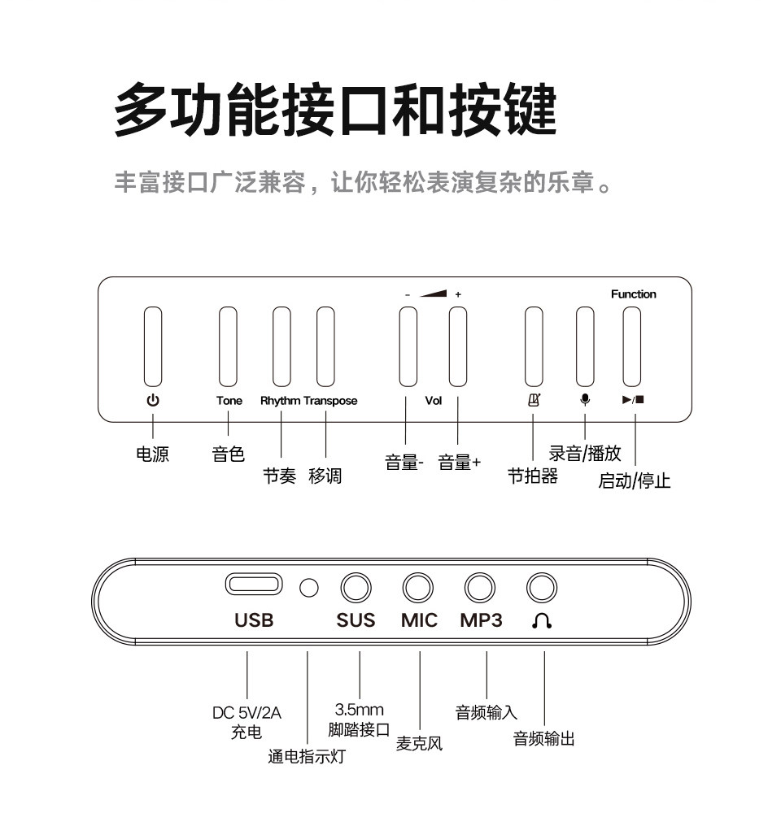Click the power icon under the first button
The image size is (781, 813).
(x=152, y=400)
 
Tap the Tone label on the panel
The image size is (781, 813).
(x=229, y=401)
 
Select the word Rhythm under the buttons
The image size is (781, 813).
(x=280, y=401)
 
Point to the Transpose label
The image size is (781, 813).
(x=330, y=401)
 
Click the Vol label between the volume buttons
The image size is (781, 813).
(x=433, y=401)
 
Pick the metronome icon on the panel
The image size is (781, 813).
(x=533, y=400)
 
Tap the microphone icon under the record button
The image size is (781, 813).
(x=584, y=400)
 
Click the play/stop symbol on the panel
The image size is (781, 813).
(x=633, y=400)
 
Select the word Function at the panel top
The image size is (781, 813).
(x=633, y=294)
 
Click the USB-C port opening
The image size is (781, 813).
(x=254, y=585)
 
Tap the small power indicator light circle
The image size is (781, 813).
(x=308, y=587)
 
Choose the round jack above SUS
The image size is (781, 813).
(x=356, y=587)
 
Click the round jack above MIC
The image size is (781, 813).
(x=418, y=587)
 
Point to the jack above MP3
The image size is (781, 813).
(x=480, y=587)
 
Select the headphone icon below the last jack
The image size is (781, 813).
(x=542, y=621)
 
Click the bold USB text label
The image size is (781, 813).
(x=254, y=621)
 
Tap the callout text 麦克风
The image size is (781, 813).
(x=419, y=743)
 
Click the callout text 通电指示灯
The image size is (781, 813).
(x=307, y=757)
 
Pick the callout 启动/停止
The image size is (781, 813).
(x=635, y=480)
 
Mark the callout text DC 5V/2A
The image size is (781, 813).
(x=247, y=713)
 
